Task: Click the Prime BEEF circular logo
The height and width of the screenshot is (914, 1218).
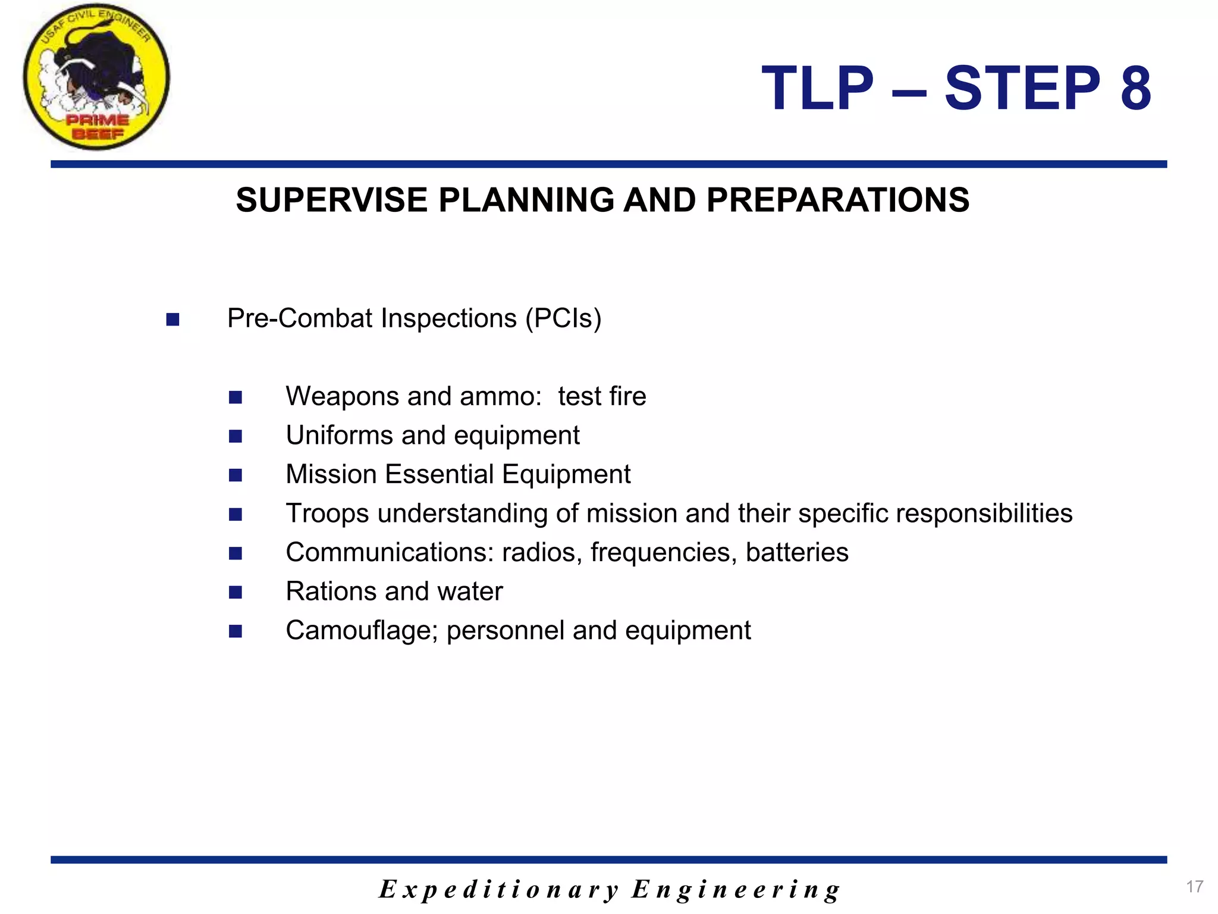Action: (x=96, y=77)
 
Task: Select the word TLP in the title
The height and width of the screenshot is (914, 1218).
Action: (x=817, y=89)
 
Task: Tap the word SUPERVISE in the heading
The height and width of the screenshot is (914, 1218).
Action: (x=331, y=201)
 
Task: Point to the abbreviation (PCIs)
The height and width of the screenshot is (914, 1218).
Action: (x=563, y=318)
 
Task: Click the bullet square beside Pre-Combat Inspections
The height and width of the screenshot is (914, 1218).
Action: (x=173, y=320)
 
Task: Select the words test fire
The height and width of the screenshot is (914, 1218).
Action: (x=602, y=397)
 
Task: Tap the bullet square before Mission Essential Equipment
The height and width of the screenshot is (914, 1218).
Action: (x=236, y=475)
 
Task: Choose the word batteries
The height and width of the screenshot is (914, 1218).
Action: (x=797, y=553)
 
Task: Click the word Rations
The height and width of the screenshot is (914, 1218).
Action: (x=331, y=591)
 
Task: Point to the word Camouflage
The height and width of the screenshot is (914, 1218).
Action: (x=362, y=631)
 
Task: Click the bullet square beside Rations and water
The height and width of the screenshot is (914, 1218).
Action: (x=236, y=592)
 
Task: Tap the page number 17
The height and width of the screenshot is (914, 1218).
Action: (x=1194, y=887)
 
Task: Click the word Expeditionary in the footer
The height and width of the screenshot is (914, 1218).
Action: (x=500, y=890)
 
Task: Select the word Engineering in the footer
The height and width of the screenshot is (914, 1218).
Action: (x=736, y=890)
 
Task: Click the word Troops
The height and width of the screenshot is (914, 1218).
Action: (x=327, y=514)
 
